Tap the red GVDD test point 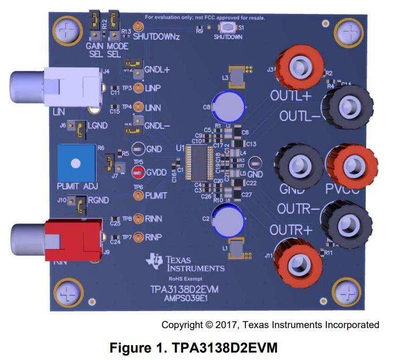137,171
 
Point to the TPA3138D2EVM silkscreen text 184,289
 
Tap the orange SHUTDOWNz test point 138,26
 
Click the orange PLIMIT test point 137,196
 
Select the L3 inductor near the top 237,78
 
